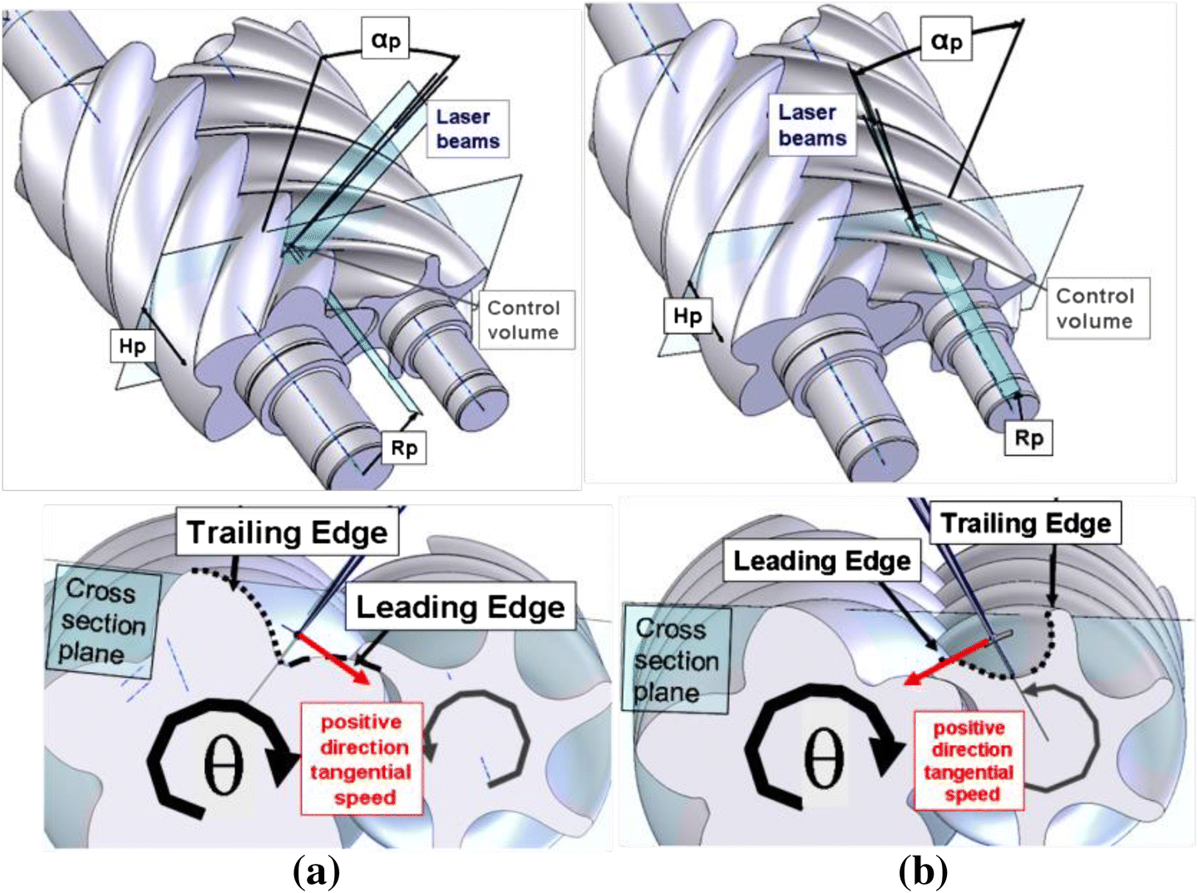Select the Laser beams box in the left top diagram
[468, 129]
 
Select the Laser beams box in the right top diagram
[812, 125]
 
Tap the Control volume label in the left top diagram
[523, 320]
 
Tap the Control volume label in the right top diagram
[1095, 308]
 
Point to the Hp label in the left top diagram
[132, 346]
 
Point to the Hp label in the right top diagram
[688, 316]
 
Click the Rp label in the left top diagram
[404, 449]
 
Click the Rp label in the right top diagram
[1029, 438]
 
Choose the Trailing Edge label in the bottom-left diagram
[287, 532]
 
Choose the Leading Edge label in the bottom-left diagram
[461, 607]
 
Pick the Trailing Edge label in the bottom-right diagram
[1025, 523]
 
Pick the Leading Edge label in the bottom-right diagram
[821, 562]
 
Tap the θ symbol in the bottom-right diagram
[823, 757]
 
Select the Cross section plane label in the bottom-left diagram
[103, 622]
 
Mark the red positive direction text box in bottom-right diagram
[969, 761]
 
